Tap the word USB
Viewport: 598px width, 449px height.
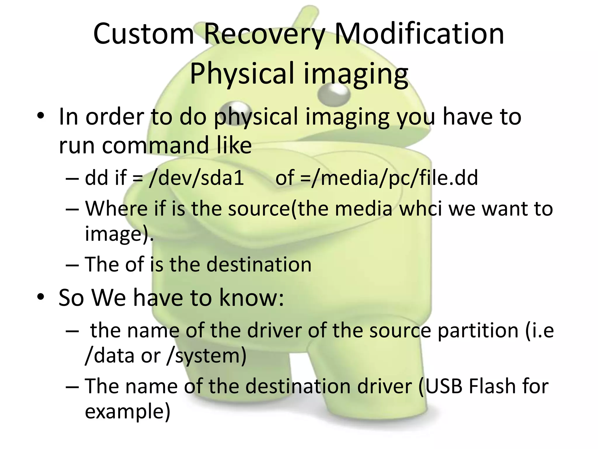pos(444,386)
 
